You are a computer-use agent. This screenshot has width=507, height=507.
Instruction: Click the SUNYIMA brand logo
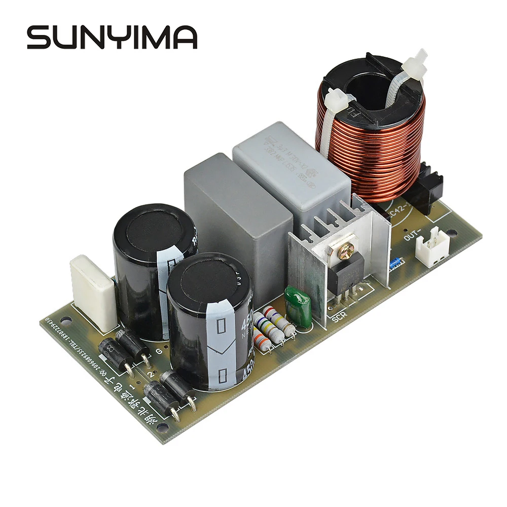pyautogui.click(x=112, y=38)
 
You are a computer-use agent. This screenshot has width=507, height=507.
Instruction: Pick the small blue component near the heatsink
pyautogui.click(x=395, y=263)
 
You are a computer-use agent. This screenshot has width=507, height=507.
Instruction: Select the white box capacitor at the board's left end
pyautogui.click(x=94, y=286)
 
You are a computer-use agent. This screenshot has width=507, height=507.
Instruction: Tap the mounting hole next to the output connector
pyautogui.click(x=453, y=235)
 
